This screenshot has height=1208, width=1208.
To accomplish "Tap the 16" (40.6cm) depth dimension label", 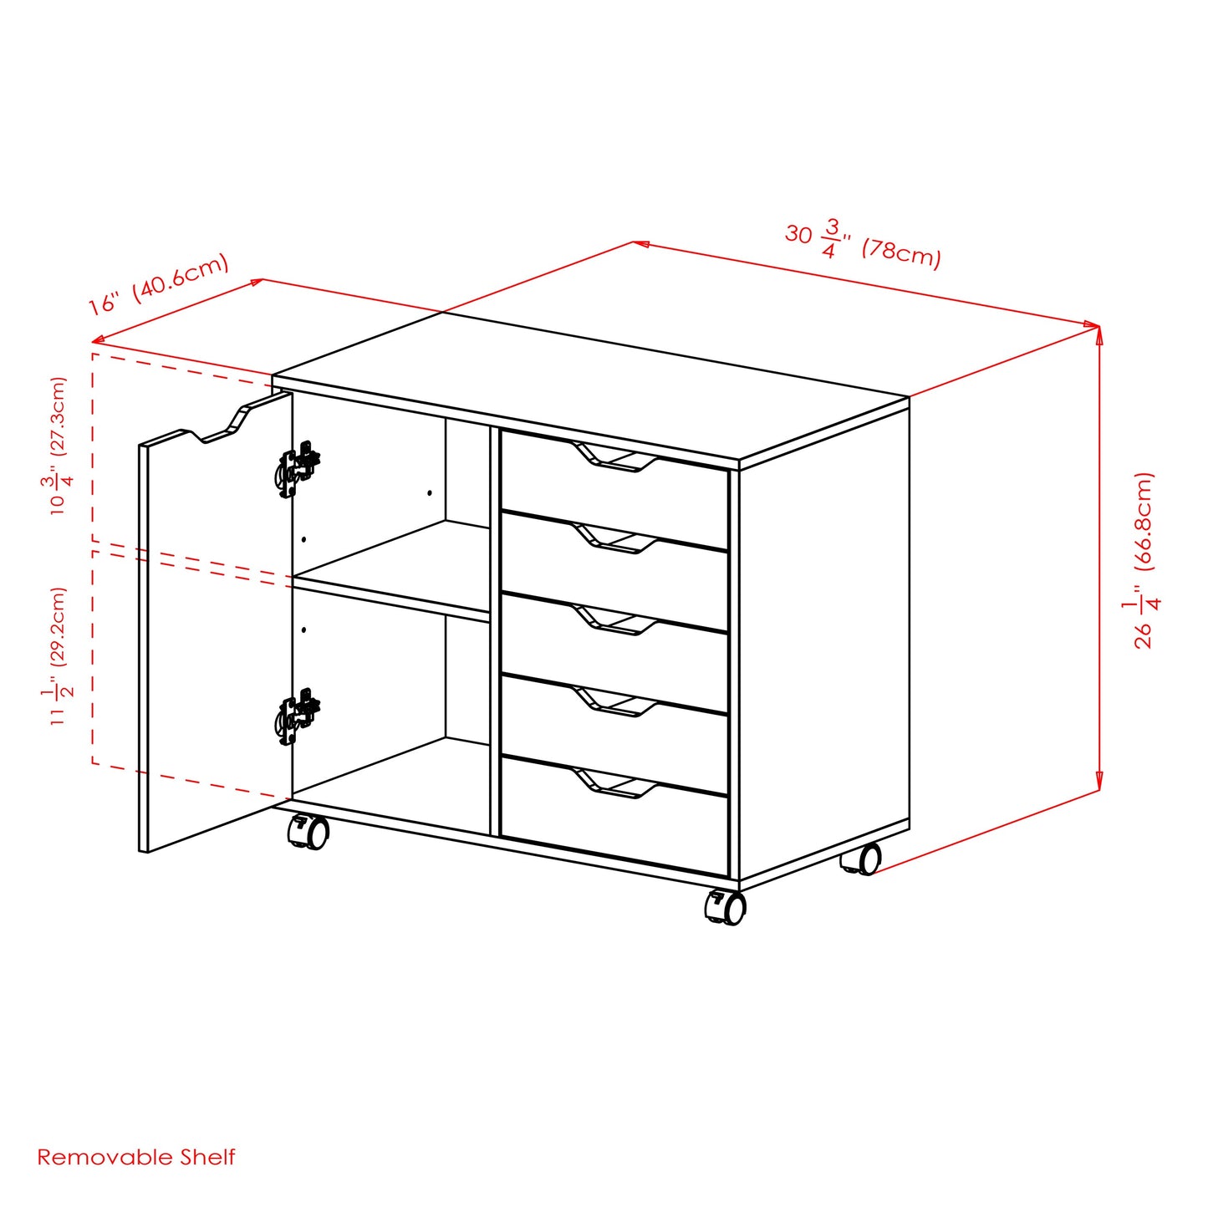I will [x=159, y=284].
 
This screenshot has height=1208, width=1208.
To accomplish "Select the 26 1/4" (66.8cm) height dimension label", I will [x=1143, y=560].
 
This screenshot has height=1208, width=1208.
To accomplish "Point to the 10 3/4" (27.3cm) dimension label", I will [x=59, y=446].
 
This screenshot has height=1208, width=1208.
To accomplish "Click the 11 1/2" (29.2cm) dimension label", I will [x=59, y=655].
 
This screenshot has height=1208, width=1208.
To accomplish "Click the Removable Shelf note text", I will [x=136, y=1157].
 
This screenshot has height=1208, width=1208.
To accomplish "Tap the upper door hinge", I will [x=298, y=469].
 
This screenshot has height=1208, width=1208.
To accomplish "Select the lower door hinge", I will [x=298, y=716].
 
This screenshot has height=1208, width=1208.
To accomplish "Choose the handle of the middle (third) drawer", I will [x=616, y=621].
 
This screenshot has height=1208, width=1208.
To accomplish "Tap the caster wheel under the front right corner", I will [x=726, y=907].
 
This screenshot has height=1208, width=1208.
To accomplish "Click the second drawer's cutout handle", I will [x=616, y=539].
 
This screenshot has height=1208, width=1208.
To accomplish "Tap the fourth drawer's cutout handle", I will [x=616, y=703].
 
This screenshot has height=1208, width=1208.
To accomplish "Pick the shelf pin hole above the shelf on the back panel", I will [x=430, y=493].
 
